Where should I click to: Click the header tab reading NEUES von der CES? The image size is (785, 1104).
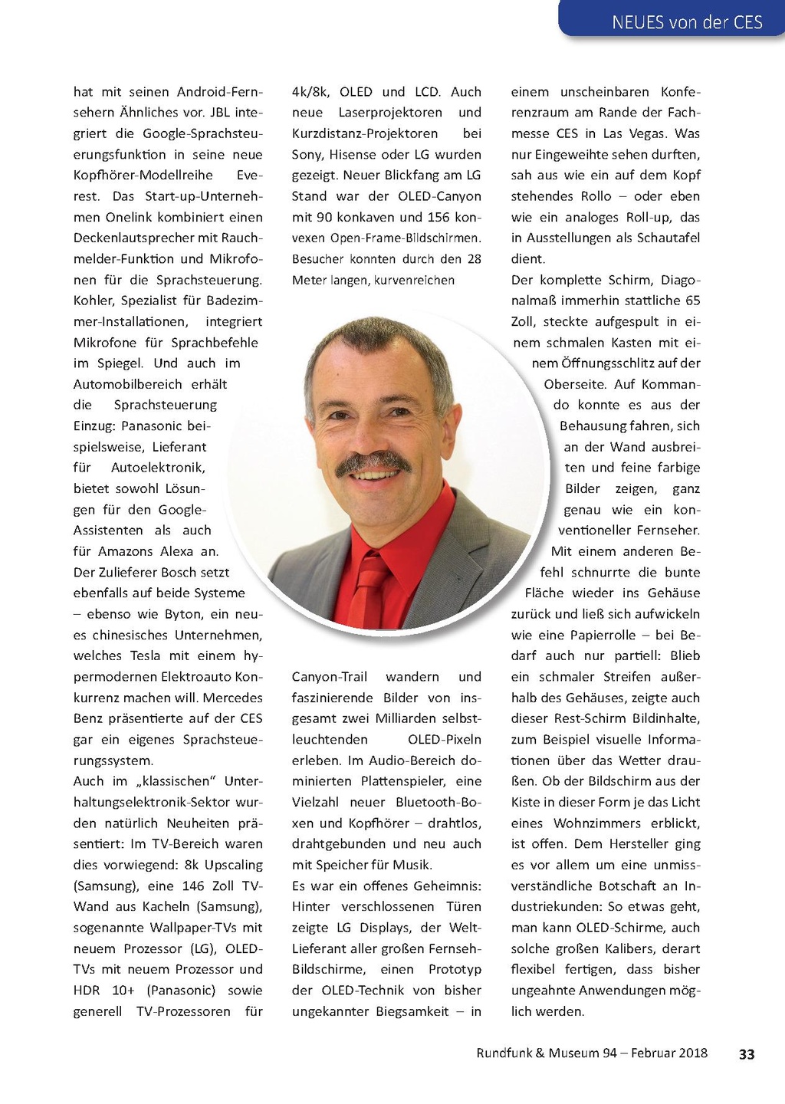pyautogui.click(x=687, y=22)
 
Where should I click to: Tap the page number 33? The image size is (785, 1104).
pyautogui.click(x=747, y=1054)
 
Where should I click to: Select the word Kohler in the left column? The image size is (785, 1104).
pyautogui.click(x=94, y=301)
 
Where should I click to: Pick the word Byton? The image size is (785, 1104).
pyautogui.click(x=184, y=614)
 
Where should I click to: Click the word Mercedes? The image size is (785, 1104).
pyautogui.click(x=232, y=698)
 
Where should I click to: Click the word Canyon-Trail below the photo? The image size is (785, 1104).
pyautogui.click(x=330, y=677)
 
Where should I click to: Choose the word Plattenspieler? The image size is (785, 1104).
pyautogui.click(x=403, y=781)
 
